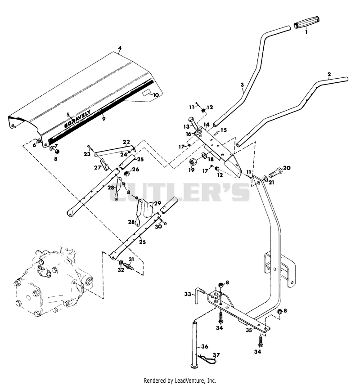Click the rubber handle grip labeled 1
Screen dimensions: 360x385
307,22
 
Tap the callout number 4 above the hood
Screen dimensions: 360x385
120,48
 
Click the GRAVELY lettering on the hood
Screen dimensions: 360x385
77,119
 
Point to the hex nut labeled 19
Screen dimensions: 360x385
192,162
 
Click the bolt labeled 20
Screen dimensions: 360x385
275,172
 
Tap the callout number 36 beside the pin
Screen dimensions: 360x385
205,346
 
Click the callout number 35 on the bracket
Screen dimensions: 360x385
249,330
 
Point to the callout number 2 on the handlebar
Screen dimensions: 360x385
329,74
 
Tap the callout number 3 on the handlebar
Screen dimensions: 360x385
242,85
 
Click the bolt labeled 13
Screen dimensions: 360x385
193,123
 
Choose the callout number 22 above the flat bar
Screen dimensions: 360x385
126,142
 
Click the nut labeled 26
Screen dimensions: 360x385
126,174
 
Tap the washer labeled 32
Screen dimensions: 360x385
121,263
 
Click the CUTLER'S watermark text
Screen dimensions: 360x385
180,192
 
